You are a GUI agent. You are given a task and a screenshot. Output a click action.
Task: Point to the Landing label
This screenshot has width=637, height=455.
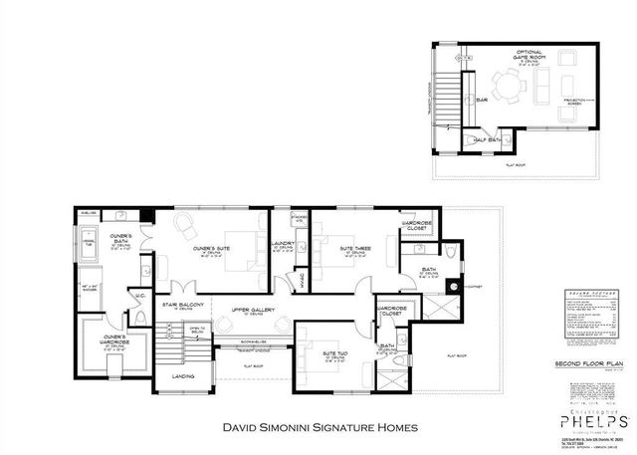tap(183, 376)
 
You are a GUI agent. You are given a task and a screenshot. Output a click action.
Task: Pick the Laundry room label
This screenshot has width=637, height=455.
tap(284, 246)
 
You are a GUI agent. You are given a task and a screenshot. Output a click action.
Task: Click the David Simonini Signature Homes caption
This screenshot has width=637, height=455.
tap(318, 428)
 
